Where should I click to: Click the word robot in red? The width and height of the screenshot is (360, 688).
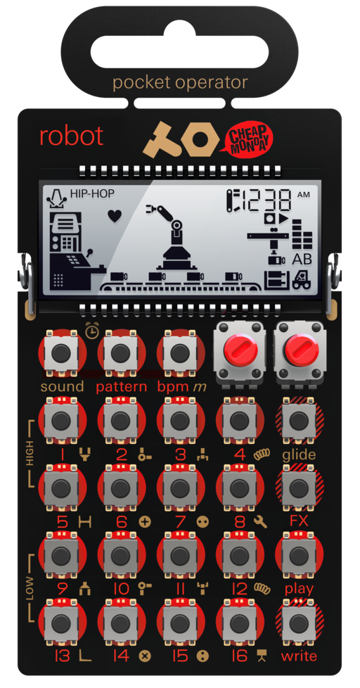(72, 136)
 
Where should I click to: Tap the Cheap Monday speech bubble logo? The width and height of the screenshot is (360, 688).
(248, 139)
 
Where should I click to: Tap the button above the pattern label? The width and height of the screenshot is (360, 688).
(120, 353)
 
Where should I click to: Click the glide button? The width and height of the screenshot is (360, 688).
(299, 421)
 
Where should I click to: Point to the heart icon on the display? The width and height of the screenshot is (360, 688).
(115, 216)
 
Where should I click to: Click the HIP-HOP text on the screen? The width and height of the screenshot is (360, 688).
(92, 193)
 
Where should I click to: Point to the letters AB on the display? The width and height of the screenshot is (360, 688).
(302, 260)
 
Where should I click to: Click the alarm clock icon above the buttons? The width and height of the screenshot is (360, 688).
(92, 331)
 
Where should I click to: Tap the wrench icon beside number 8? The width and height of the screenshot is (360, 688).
(260, 521)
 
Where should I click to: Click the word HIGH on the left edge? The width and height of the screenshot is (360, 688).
(30, 453)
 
